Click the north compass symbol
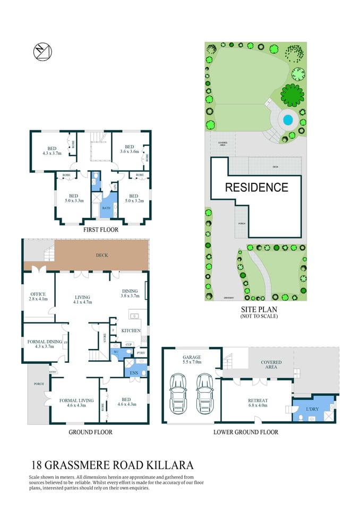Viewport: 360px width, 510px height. (43, 52)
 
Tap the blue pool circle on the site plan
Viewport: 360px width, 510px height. (288, 120)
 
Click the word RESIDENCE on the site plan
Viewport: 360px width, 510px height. (256, 188)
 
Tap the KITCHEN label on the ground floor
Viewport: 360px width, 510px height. (131, 330)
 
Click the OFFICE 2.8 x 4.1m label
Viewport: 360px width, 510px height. (38, 296)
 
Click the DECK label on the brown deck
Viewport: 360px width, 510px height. (102, 255)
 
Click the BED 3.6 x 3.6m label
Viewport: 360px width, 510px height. (129, 149)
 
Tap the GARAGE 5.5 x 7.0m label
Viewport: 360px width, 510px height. (192, 360)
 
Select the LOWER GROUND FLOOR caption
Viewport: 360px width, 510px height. (246, 432)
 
